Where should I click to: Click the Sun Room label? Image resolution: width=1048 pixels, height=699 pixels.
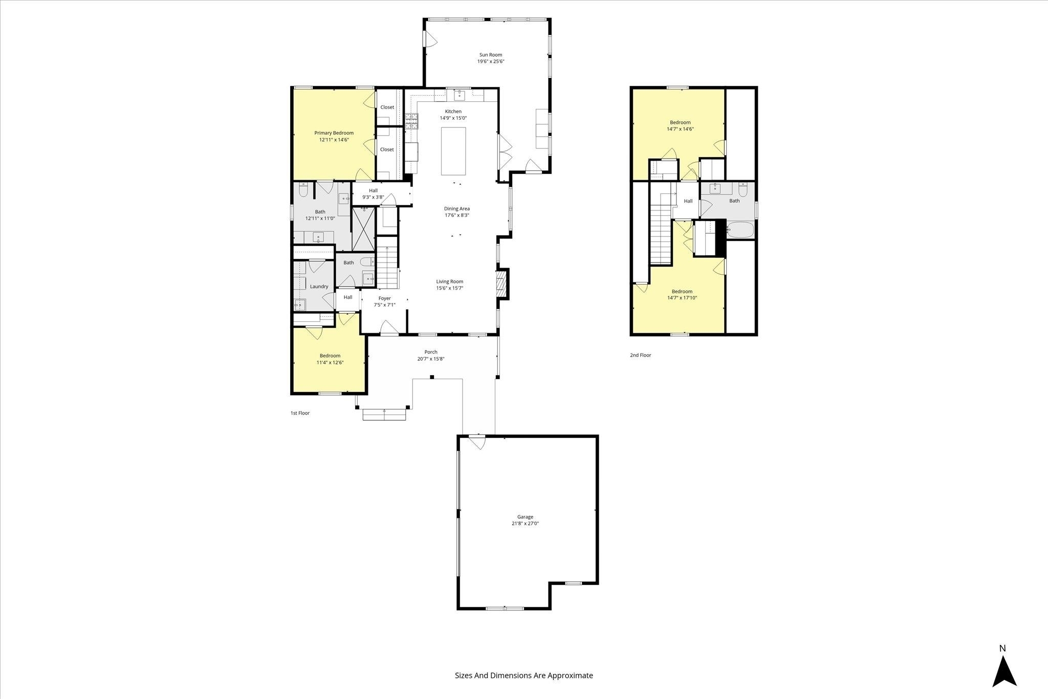[x=491, y=55]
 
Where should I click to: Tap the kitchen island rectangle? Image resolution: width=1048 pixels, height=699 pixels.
[x=453, y=151]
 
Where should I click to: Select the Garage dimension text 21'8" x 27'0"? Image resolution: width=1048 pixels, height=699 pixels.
[x=525, y=523]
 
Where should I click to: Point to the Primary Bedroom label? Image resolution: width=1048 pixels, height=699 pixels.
[x=334, y=133]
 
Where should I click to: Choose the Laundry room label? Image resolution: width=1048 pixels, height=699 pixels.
[x=319, y=287]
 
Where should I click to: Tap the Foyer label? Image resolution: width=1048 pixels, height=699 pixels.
[x=384, y=298]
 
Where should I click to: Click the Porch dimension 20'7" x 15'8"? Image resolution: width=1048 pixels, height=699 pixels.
[x=431, y=359]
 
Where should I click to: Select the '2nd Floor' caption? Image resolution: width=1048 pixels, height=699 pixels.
[x=640, y=355]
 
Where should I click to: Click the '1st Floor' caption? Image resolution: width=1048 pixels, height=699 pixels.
[x=300, y=413]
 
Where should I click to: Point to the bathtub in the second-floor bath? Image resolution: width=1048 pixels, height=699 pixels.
[x=740, y=230]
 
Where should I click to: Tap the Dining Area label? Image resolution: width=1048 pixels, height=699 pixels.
[x=456, y=208]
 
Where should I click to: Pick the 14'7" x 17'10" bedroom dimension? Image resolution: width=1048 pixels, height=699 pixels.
[x=682, y=298]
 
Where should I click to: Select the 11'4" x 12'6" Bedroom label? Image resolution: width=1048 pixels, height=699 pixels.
[x=330, y=356]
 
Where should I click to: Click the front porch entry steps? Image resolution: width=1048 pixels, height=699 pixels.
[x=384, y=414]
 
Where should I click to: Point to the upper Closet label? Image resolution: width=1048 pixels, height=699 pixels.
[x=387, y=107]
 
